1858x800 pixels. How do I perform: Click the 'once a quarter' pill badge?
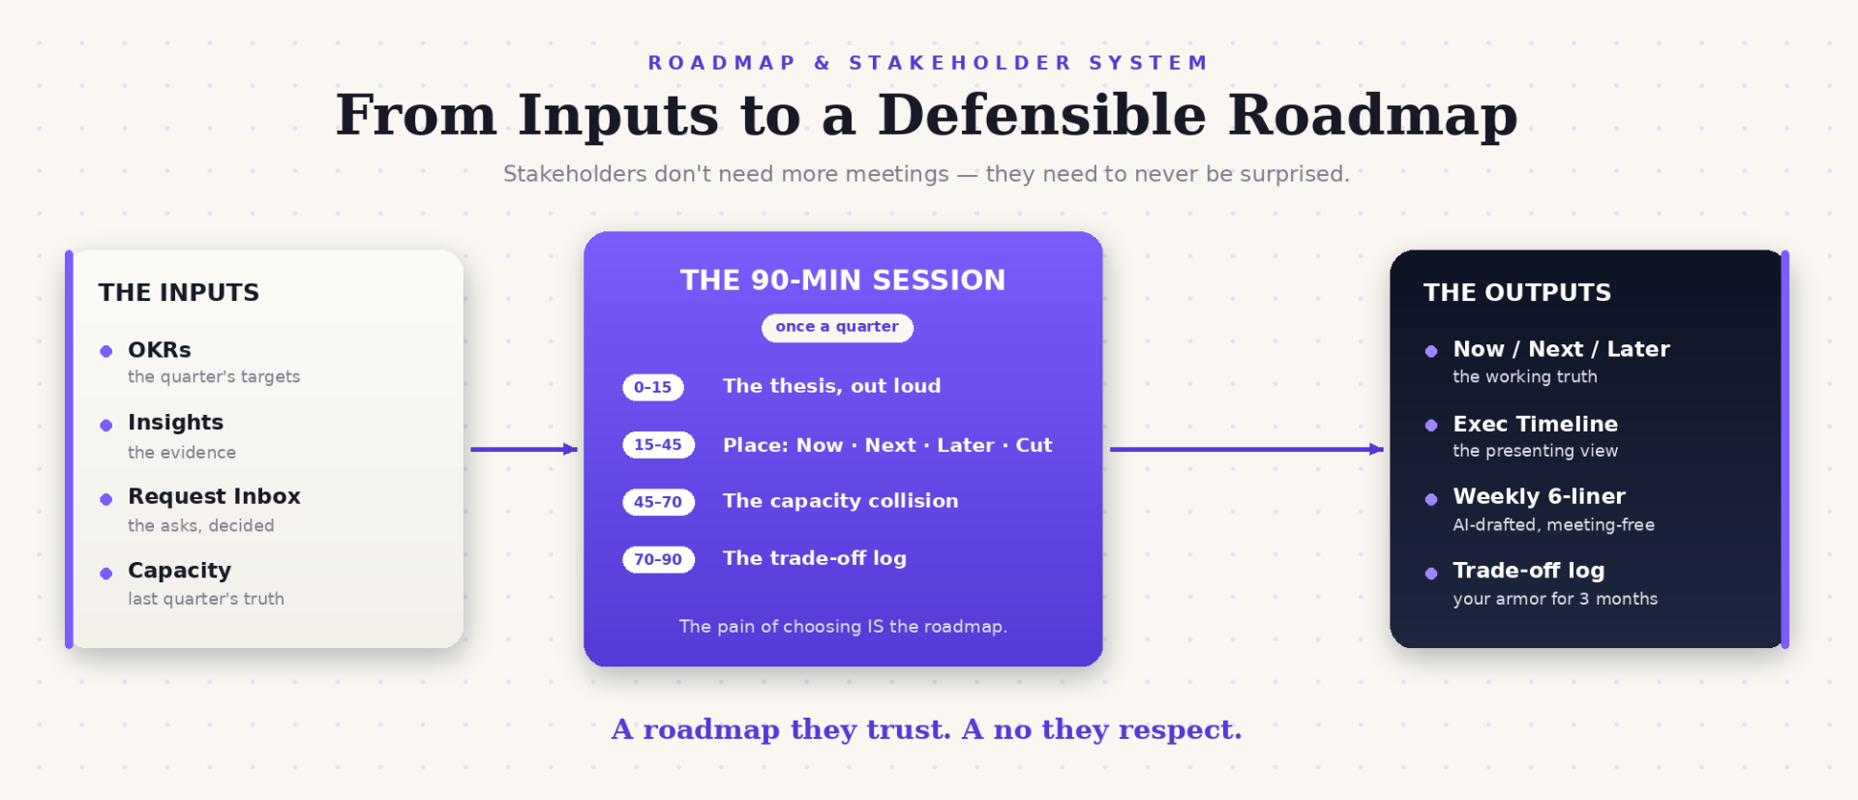point(837,327)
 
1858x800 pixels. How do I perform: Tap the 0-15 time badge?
point(653,387)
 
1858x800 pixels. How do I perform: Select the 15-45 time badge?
point(658,444)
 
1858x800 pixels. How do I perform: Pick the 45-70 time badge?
point(658,501)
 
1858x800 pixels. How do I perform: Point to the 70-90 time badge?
point(658,559)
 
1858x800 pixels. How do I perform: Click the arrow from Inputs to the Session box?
point(524,449)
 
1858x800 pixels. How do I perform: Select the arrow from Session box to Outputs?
point(1246,449)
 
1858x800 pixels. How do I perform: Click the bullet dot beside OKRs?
point(106,351)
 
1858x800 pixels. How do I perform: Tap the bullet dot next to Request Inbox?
point(106,499)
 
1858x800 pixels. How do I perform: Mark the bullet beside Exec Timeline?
point(1431,425)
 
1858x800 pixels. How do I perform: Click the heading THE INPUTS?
point(179,292)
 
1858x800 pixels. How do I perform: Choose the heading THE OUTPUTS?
point(1517,292)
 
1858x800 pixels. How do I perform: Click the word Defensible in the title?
point(1042,115)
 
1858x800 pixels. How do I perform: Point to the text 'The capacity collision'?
point(841,501)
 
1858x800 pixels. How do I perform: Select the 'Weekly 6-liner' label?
point(1539,496)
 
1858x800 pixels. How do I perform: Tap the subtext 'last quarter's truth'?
point(206,599)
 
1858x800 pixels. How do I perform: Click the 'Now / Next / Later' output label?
point(1561,349)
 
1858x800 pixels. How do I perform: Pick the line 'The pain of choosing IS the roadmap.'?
point(843,627)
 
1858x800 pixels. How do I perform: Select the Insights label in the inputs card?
point(175,423)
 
